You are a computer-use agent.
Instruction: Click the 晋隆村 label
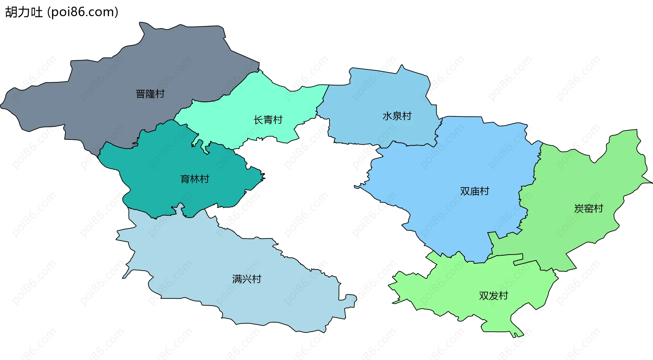(x=150, y=94)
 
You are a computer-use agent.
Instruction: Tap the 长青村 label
(x=268, y=120)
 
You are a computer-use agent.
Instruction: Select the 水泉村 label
(x=397, y=116)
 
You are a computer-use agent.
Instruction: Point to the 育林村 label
(x=195, y=179)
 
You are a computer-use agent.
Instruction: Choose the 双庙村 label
(x=474, y=191)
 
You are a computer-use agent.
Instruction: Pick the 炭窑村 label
(x=588, y=208)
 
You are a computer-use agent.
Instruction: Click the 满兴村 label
(x=247, y=279)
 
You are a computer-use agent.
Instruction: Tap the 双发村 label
(x=493, y=296)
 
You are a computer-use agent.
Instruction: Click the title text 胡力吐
(x=24, y=12)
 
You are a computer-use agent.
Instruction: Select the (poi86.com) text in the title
(x=83, y=12)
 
